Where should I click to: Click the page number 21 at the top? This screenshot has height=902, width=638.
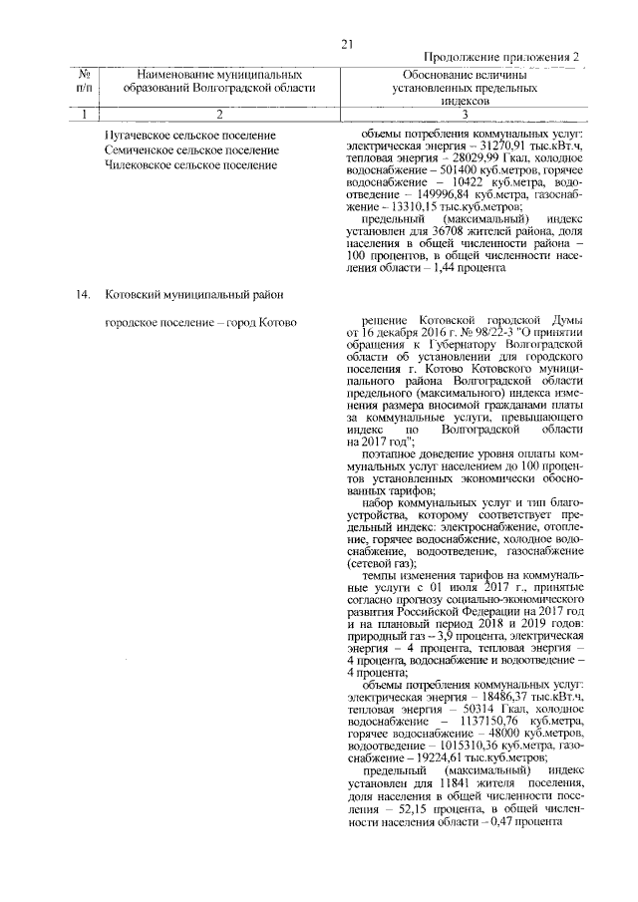click(x=347, y=43)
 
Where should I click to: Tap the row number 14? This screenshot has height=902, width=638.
click(x=84, y=294)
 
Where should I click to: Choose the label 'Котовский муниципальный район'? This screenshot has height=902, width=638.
click(x=193, y=294)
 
